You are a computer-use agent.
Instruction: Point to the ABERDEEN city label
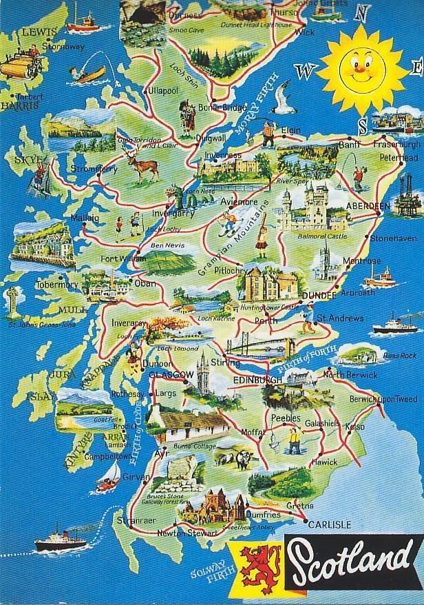[369, 207]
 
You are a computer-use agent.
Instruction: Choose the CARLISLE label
[330, 524]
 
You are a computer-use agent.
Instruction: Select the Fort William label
[120, 259]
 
